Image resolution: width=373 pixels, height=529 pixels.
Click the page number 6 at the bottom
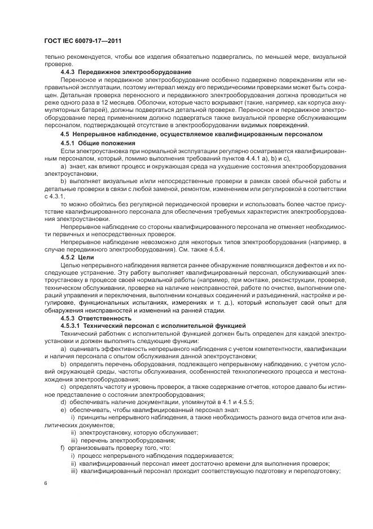pyautogui.click(x=46, y=484)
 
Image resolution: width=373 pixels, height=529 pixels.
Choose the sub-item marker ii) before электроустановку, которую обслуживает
pyautogui.click(x=74, y=431)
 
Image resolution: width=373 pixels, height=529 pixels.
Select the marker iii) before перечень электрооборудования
pyautogui.click(x=74, y=439)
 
